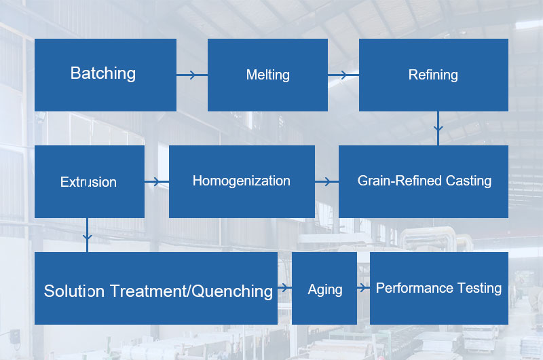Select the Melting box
point(267,75)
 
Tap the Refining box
point(433,75)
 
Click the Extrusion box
point(89,181)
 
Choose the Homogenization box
point(242,181)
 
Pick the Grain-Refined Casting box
point(424,181)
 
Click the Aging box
point(324,289)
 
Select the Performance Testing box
point(438,288)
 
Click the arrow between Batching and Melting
point(191,75)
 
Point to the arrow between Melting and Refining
point(343,75)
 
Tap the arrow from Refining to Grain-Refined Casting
point(438,128)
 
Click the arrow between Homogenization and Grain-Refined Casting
point(327,181)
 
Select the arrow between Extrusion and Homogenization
point(157,181)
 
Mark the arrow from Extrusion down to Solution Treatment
point(87,234)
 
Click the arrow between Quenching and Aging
point(284,288)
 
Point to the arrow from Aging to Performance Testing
point(363,288)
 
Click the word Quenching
point(233,291)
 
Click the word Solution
point(74,291)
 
